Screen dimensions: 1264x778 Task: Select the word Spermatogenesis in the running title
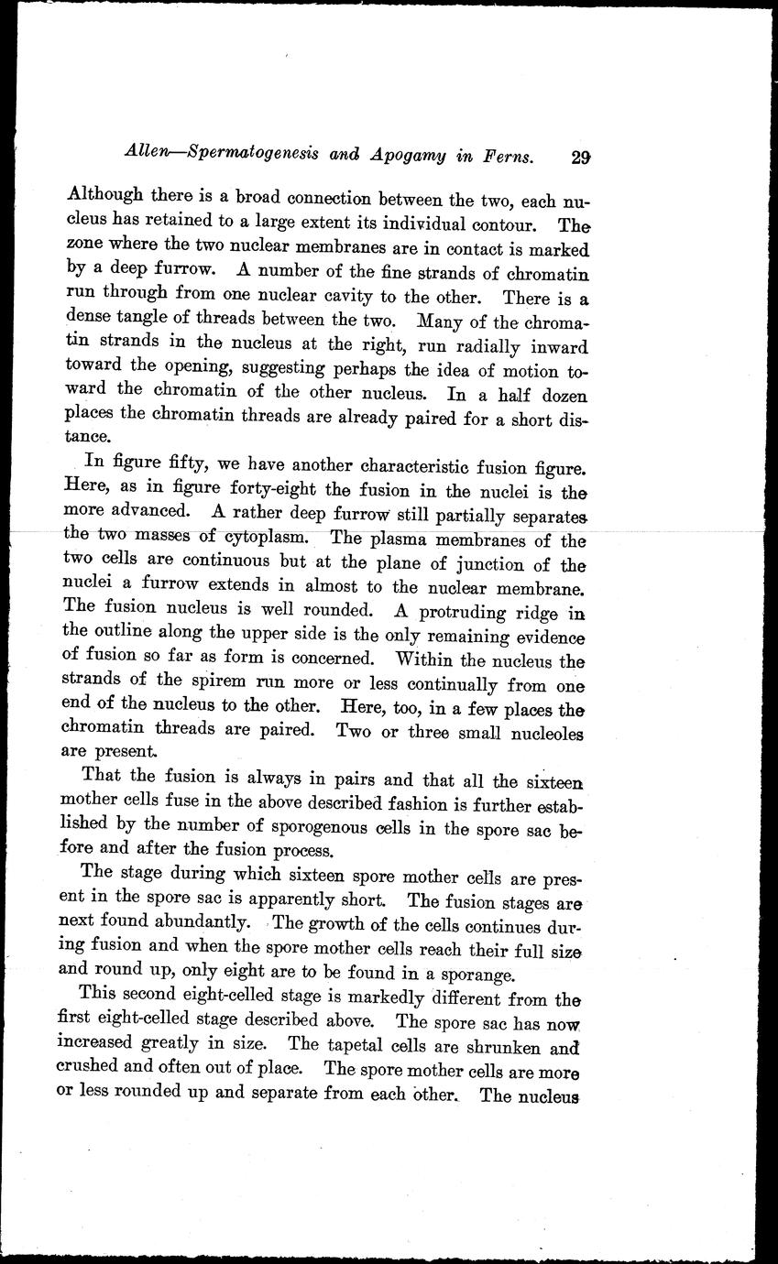pyautogui.click(x=247, y=156)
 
